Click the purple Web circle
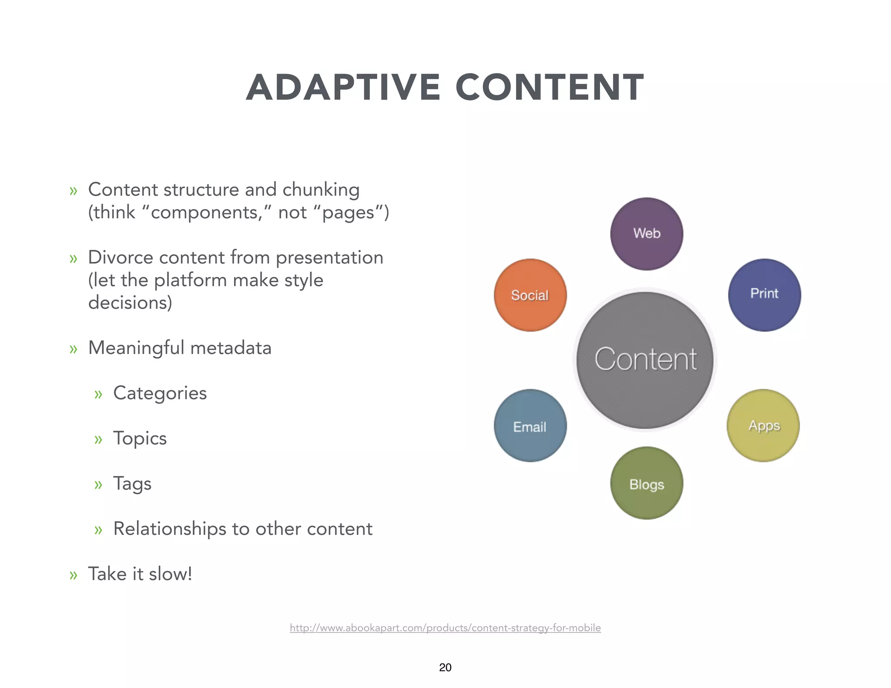pos(646,234)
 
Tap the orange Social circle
pos(530,295)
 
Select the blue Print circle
pos(764,295)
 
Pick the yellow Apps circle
pos(763,425)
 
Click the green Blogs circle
pos(646,483)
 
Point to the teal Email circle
pos(530,425)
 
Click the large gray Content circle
pos(645,360)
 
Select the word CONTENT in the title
pos(549,87)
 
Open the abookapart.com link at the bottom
pos(445,628)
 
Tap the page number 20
pos(445,667)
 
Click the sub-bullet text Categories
pos(160,393)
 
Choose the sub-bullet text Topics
pos(140,438)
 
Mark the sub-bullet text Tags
pos(132,484)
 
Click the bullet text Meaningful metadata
pos(180,348)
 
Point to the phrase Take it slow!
pos(140,574)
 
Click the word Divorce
pos(120,257)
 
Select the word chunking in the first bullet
pos(321,190)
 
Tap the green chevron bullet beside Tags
pos(98,484)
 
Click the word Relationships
pos(169,529)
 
